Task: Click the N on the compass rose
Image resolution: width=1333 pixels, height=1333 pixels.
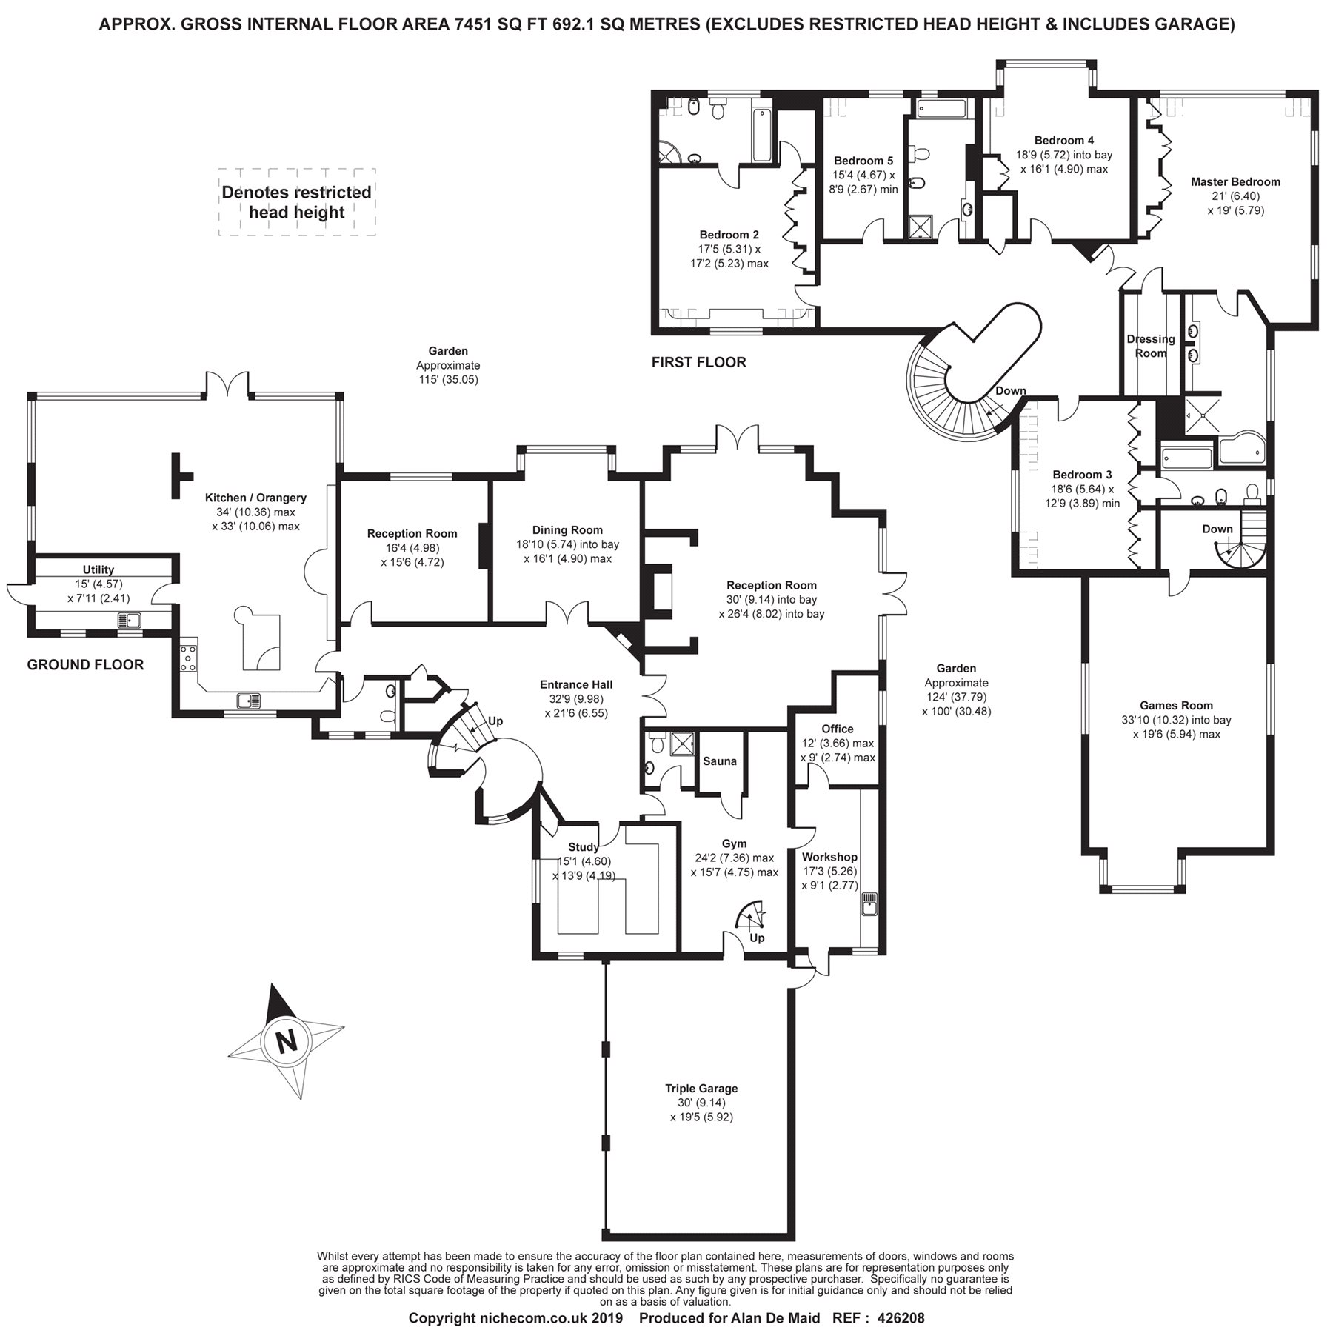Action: [x=286, y=1042]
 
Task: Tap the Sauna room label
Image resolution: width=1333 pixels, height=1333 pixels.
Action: [x=720, y=761]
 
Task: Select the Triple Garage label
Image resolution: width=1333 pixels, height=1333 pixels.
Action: [x=701, y=1088]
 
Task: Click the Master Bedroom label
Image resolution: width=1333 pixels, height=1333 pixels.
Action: [x=1235, y=181]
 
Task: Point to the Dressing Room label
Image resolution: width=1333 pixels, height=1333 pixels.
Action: [x=1151, y=346]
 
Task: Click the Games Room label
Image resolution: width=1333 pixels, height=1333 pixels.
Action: [x=1176, y=706]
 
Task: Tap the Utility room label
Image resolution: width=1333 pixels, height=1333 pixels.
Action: [x=98, y=569]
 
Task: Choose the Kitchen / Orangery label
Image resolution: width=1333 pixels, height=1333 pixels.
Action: [x=255, y=498]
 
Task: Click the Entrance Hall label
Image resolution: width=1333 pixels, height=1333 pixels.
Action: [x=576, y=684]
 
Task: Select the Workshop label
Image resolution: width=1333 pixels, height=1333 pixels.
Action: [x=830, y=857]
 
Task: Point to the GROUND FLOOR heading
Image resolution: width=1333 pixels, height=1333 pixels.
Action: [x=85, y=664]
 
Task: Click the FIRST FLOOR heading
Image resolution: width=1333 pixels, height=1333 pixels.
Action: [x=698, y=362]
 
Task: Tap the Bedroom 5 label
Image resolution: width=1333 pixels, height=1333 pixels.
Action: [x=863, y=161]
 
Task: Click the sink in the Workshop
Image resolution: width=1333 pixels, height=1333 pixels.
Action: [x=869, y=905]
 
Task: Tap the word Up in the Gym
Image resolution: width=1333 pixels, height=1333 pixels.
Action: [x=757, y=938]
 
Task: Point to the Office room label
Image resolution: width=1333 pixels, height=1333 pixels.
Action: [x=838, y=729]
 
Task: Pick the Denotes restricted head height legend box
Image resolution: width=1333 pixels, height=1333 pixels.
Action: [x=297, y=202]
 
